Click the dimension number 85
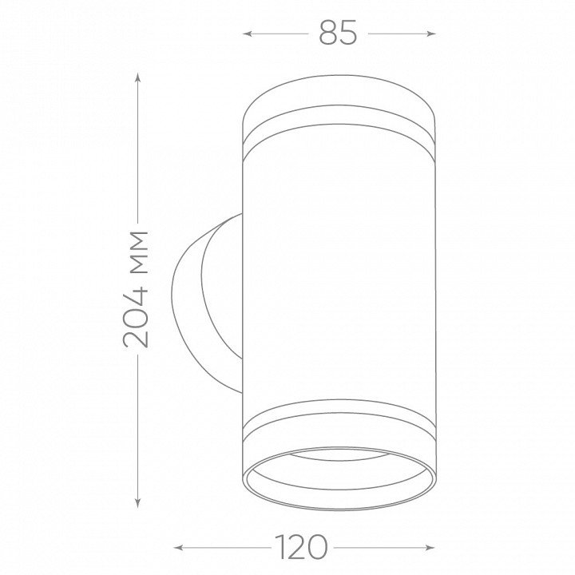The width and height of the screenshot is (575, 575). click(338, 32)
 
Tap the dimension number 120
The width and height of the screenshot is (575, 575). click(301, 548)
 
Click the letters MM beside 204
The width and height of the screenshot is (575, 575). click(139, 252)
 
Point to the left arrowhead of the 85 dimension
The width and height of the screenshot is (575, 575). click(247, 34)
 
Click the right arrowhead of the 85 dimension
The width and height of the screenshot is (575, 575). click(431, 34)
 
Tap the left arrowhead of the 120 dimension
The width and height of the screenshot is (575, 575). click(178, 548)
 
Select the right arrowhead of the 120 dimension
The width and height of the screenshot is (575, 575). click(430, 548)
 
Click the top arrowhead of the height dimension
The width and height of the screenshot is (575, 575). click(137, 77)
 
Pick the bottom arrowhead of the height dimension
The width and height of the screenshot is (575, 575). click(137, 503)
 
